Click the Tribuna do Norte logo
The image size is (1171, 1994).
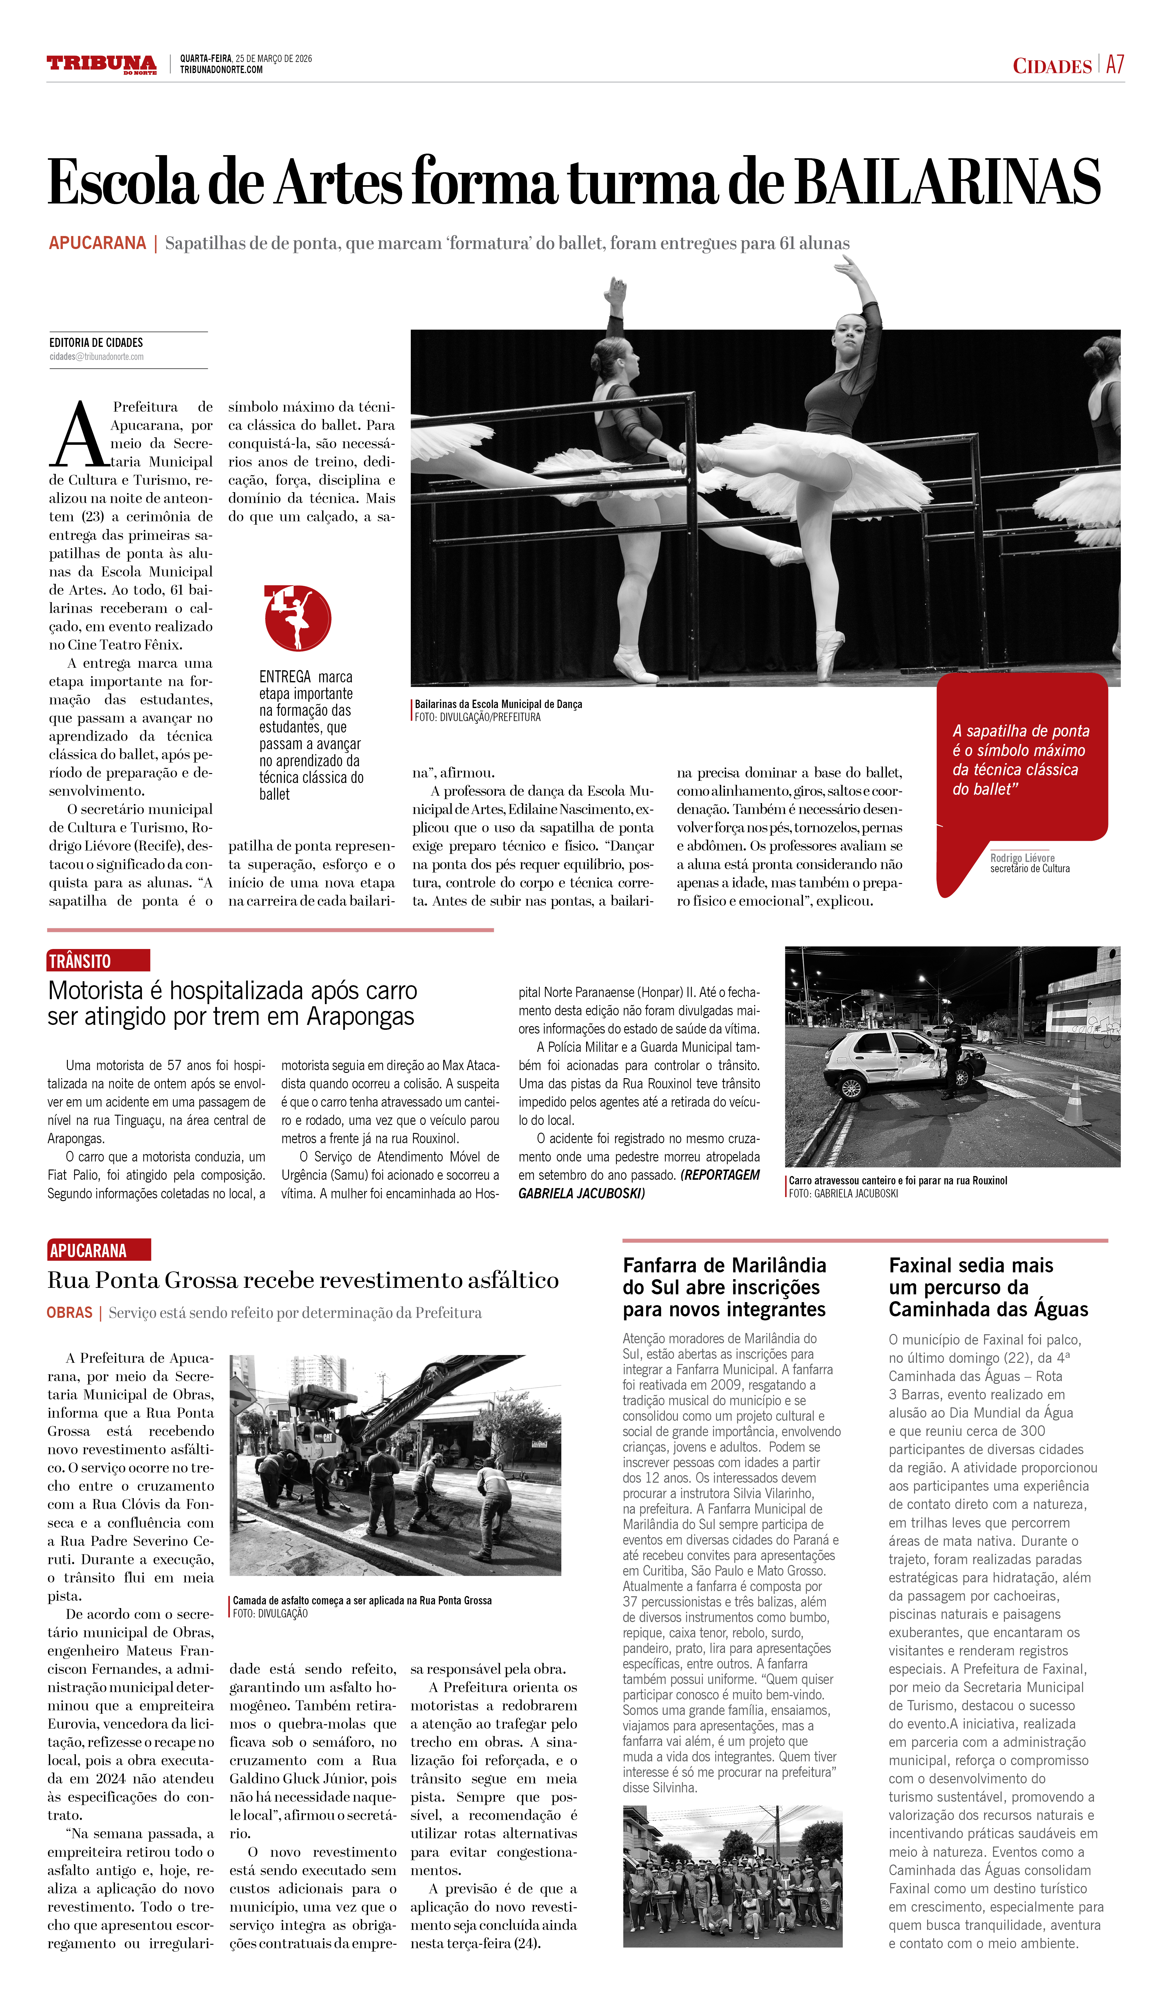(x=101, y=64)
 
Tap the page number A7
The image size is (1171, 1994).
(x=1115, y=65)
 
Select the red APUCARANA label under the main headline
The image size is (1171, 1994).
(x=97, y=243)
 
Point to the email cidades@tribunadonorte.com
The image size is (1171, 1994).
(x=97, y=357)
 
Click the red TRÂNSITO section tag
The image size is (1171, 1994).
(x=98, y=960)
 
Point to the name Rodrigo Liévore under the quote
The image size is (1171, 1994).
(x=1022, y=858)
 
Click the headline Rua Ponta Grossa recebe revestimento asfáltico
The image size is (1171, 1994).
(x=303, y=1280)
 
